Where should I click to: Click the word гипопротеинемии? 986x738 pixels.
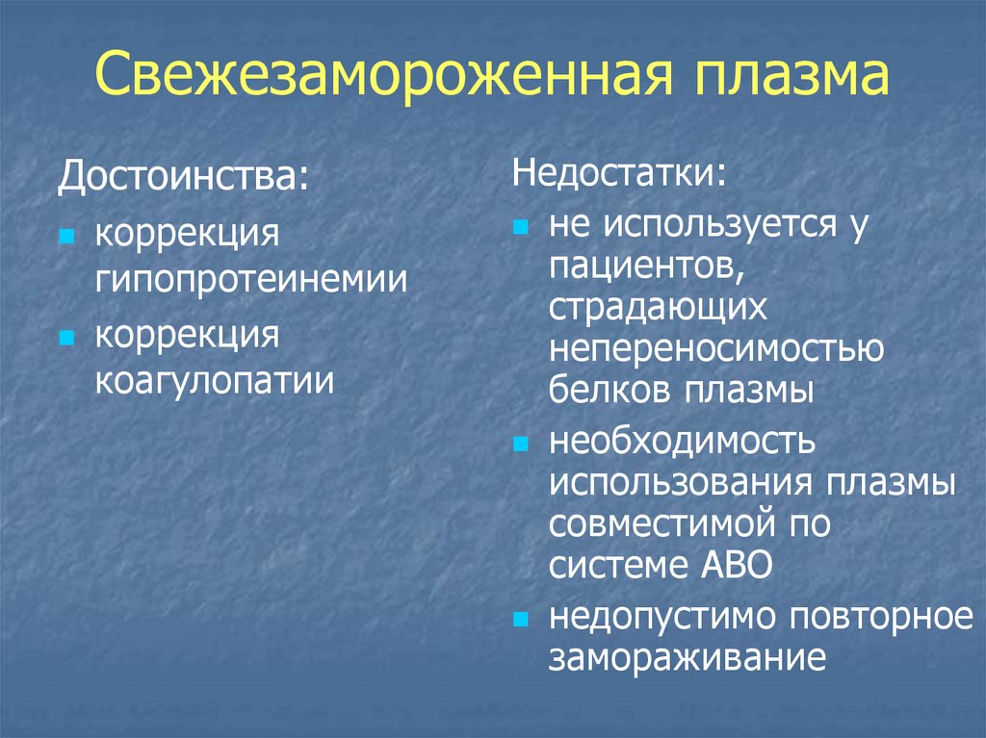click(x=250, y=281)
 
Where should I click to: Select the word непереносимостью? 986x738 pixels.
click(x=716, y=350)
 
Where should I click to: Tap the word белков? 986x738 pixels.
click(x=609, y=393)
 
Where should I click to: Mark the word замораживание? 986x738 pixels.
click(x=688, y=659)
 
